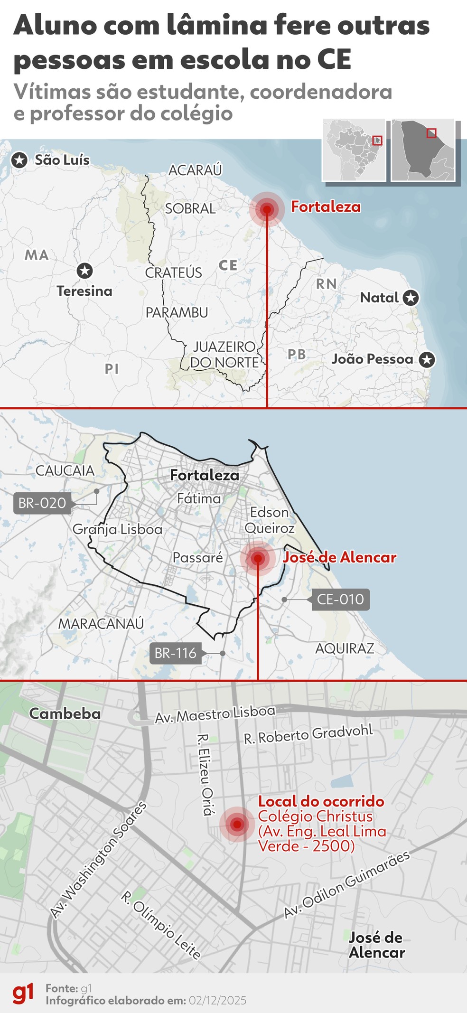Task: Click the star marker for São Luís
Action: pyautogui.click(x=19, y=160)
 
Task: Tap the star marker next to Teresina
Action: pyautogui.click(x=84, y=271)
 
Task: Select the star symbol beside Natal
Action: pyautogui.click(x=411, y=298)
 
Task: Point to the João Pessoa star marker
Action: pyautogui.click(x=427, y=359)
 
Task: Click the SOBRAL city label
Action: pyautogui.click(x=190, y=208)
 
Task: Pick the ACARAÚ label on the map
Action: pyautogui.click(x=195, y=170)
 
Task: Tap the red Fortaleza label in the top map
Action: pyautogui.click(x=326, y=207)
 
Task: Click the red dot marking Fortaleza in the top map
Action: pyautogui.click(x=267, y=209)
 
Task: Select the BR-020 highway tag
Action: pyautogui.click(x=42, y=503)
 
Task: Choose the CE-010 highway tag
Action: pyautogui.click(x=340, y=600)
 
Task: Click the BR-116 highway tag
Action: pyautogui.click(x=175, y=653)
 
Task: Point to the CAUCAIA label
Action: pyautogui.click(x=65, y=471)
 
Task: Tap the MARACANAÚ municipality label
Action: pyautogui.click(x=101, y=624)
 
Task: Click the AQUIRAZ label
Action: pyautogui.click(x=345, y=648)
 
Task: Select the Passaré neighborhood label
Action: pyautogui.click(x=197, y=558)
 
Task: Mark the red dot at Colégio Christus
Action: pyautogui.click(x=237, y=825)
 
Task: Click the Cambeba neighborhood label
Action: pyautogui.click(x=65, y=713)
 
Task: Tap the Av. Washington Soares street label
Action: pyautogui.click(x=98, y=860)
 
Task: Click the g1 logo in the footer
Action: pyautogui.click(x=23, y=994)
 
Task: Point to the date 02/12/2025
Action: pyautogui.click(x=217, y=1001)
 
